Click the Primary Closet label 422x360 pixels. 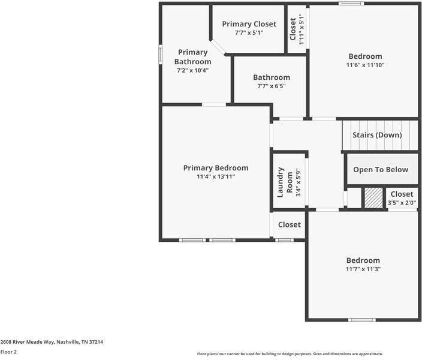[249, 24]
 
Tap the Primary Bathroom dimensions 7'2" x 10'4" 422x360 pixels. [192, 70]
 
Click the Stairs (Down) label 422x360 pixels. [376, 135]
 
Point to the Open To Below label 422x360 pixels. [380, 170]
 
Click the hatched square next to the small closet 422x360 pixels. [373, 198]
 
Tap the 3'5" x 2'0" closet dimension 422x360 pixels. [401, 203]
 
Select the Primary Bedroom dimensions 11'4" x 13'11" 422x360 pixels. [215, 177]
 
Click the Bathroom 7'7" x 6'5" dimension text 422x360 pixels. [271, 86]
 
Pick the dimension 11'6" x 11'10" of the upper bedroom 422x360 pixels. [364, 65]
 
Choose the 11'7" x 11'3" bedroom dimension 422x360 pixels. [363, 269]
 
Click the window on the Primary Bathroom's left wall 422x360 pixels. [160, 53]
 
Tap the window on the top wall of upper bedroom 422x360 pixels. [351, 4]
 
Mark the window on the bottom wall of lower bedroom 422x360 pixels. [362, 319]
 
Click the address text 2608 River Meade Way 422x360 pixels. [52, 342]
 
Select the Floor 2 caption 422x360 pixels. [8, 352]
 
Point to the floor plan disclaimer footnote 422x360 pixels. [290, 354]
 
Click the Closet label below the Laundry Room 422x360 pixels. [289, 224]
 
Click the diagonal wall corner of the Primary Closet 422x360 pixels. [218, 47]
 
